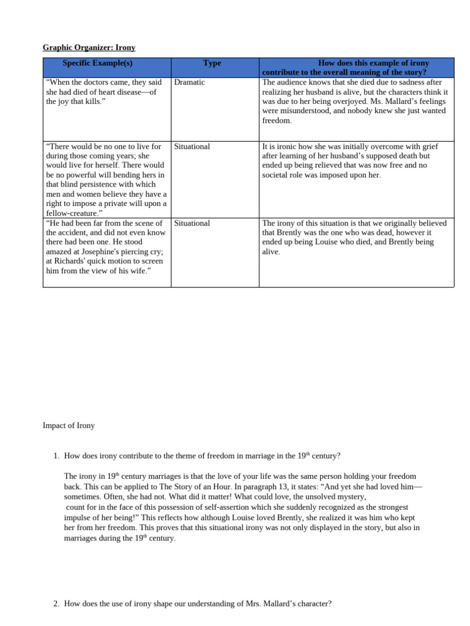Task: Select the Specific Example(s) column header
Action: click(x=97, y=63)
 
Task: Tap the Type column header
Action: click(x=212, y=63)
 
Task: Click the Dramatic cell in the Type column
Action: click(x=189, y=82)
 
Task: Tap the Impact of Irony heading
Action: click(x=69, y=425)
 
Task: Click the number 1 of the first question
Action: click(x=56, y=455)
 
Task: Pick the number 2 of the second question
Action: click(x=56, y=604)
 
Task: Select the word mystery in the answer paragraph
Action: click(x=351, y=497)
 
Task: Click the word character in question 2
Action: click(x=315, y=604)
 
